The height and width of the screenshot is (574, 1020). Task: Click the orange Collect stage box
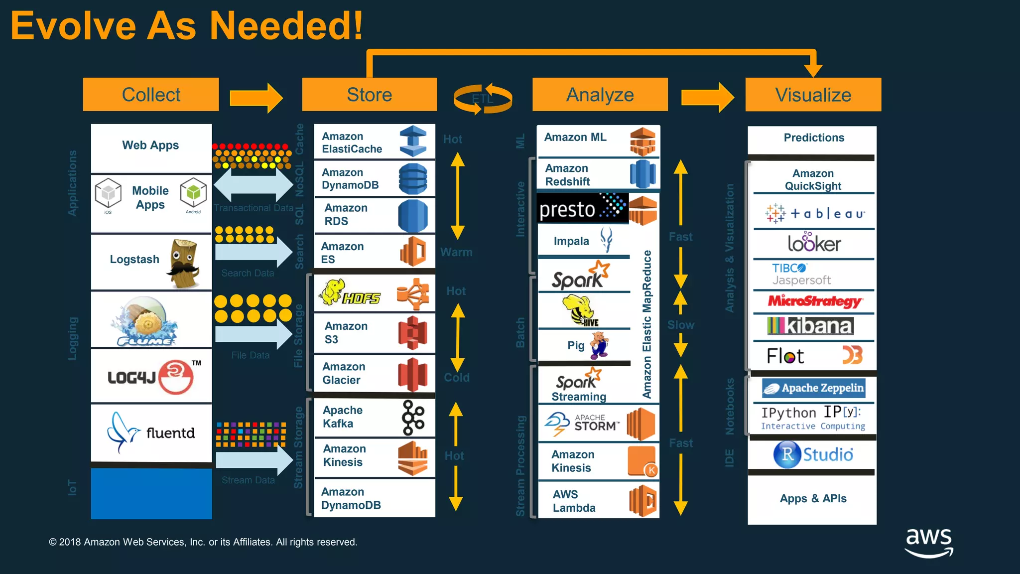151,95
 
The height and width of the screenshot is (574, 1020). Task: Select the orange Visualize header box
813,95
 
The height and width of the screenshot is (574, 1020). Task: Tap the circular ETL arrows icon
482,99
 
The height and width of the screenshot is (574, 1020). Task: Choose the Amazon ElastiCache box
375,142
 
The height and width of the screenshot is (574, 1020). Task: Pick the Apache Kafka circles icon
413,418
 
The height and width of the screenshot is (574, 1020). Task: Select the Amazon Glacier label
343,373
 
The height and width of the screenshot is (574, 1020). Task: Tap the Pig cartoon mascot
599,345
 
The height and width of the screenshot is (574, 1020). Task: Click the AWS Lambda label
574,501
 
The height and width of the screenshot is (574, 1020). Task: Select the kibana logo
810,326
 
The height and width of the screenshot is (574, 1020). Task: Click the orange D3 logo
852,355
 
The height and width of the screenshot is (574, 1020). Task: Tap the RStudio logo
813,454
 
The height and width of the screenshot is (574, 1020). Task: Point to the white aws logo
929,542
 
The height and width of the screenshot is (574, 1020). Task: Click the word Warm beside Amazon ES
456,252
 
